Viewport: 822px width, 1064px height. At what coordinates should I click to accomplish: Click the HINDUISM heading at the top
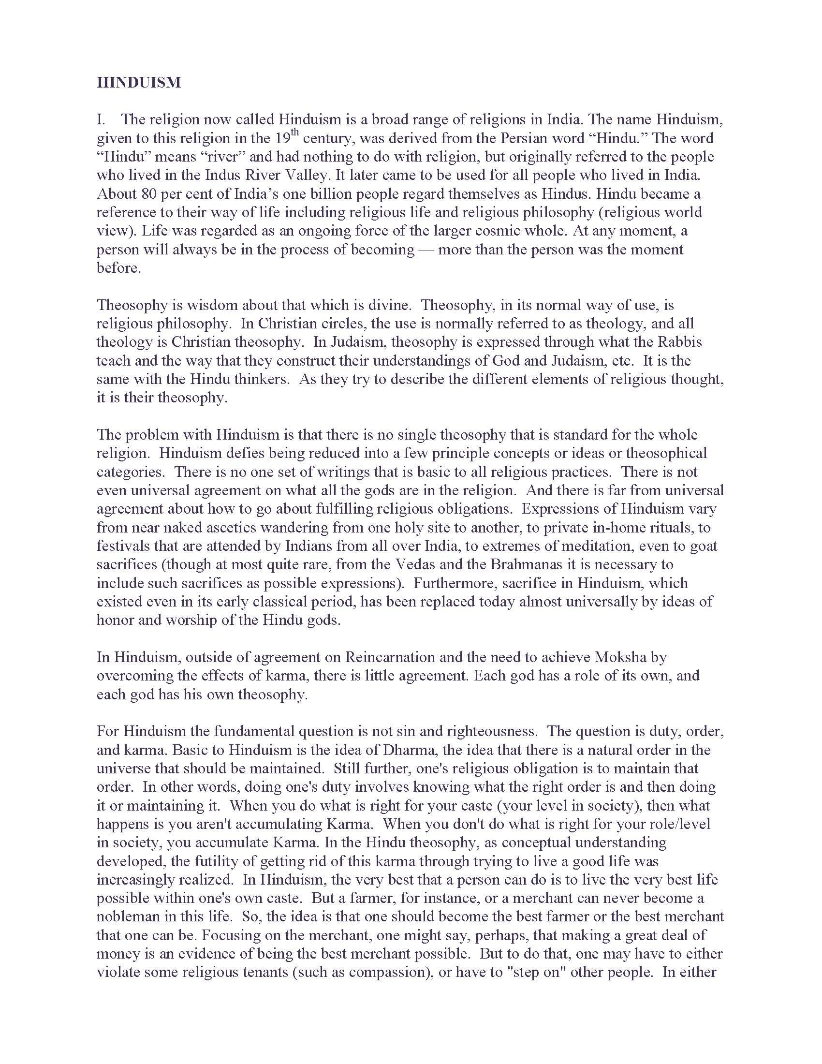(x=139, y=82)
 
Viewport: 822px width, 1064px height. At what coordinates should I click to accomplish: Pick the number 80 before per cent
(x=146, y=194)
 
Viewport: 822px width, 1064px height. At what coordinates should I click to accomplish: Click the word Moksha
(x=620, y=657)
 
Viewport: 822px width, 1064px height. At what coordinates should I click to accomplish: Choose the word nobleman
(x=128, y=917)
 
